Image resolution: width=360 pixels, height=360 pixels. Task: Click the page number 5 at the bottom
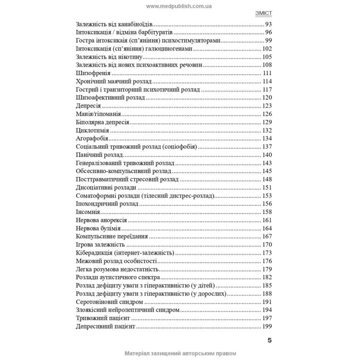tap(269, 340)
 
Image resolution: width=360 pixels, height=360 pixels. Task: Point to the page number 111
tap(267, 73)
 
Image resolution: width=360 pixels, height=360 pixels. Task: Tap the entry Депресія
tap(88, 106)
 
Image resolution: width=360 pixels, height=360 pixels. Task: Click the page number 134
tap(266, 138)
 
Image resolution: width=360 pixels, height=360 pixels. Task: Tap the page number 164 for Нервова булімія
tap(266, 228)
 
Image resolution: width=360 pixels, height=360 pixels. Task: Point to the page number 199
tap(266, 326)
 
